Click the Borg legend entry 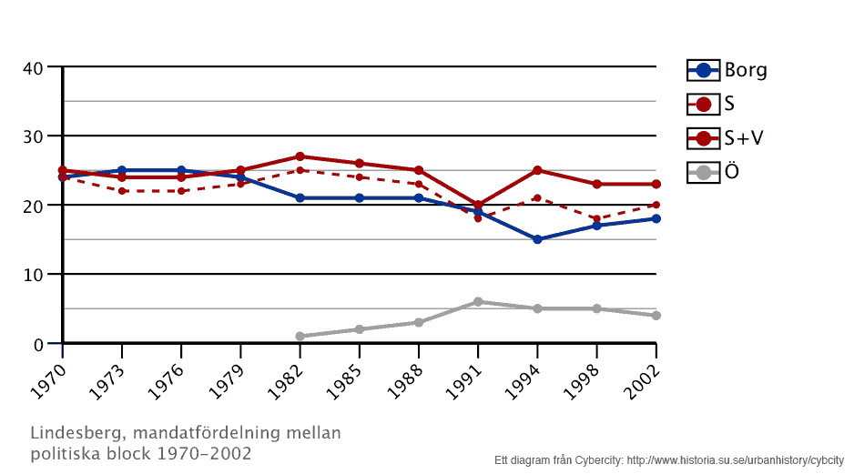[727, 70]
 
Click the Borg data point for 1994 [537, 239]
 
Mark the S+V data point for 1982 [300, 156]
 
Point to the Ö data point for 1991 [478, 301]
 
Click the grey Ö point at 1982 [300, 336]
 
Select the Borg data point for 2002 [656, 218]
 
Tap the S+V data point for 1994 [537, 170]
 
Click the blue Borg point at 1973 [122, 170]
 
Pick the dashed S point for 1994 [537, 197]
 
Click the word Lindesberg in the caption [71, 432]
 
